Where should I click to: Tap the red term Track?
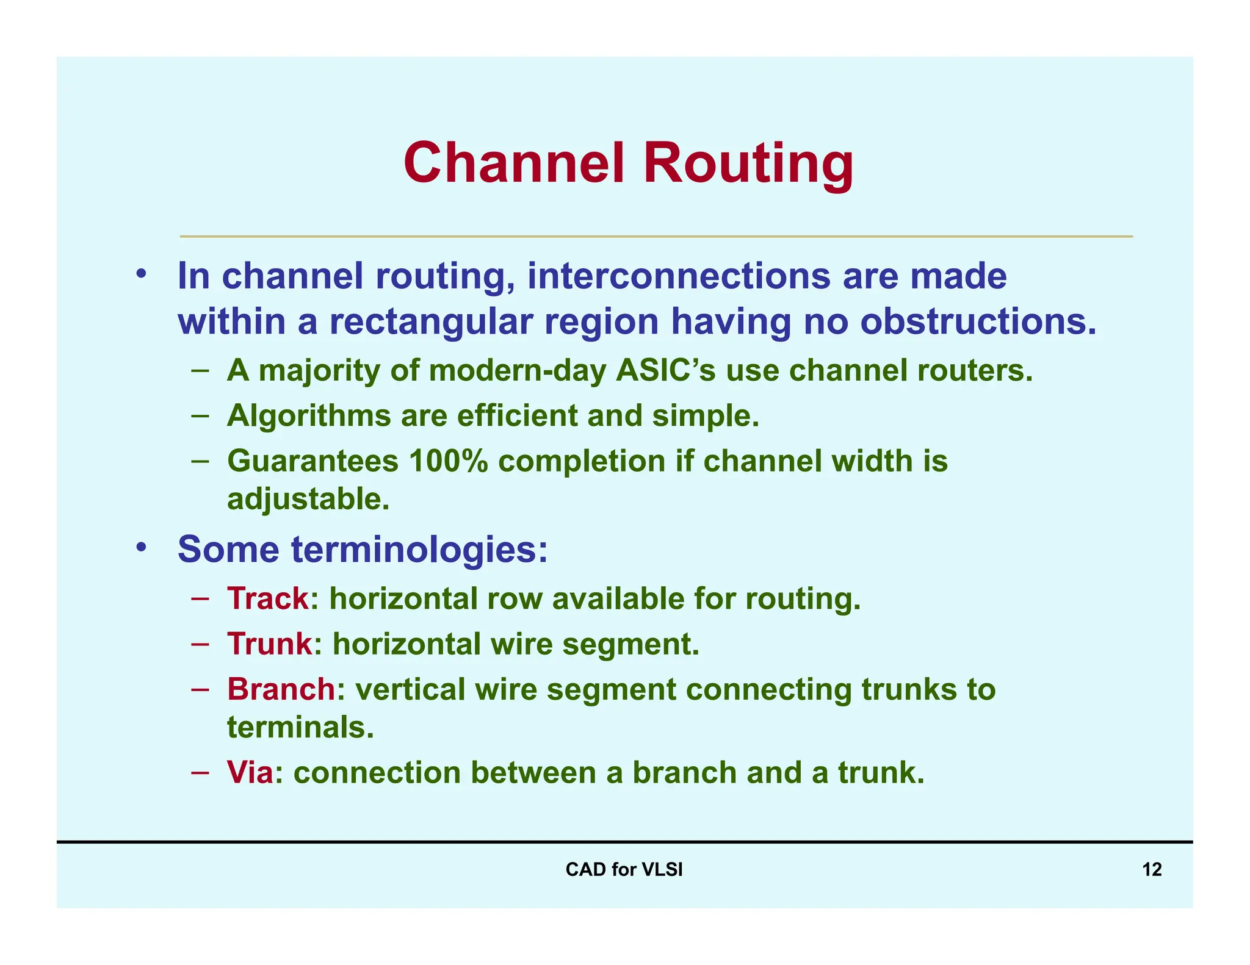click(x=268, y=598)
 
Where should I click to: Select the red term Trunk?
click(x=270, y=644)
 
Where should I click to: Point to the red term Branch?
click(x=281, y=689)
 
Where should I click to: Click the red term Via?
click(x=250, y=772)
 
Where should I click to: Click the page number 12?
click(x=1151, y=869)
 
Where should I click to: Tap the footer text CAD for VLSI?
click(x=624, y=869)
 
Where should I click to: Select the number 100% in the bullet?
click(x=448, y=461)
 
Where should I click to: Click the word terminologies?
click(x=419, y=550)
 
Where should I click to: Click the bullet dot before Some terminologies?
click(x=141, y=547)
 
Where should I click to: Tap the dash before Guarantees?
click(x=200, y=461)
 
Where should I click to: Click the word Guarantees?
click(x=312, y=461)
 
